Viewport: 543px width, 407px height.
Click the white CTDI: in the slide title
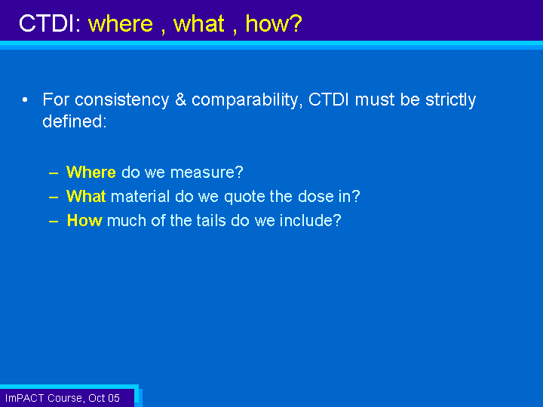click(x=50, y=23)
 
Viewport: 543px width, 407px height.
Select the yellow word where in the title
click(x=121, y=23)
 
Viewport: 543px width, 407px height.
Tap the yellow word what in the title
click(x=199, y=23)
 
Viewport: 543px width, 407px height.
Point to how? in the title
click(x=274, y=23)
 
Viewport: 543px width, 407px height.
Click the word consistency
click(x=121, y=99)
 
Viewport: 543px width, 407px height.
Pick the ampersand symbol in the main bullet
click(x=180, y=99)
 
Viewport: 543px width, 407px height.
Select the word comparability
click(x=247, y=100)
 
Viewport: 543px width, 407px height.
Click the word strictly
click(x=450, y=100)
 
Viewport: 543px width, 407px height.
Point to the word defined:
click(x=74, y=121)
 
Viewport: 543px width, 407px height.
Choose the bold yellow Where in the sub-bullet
click(x=91, y=172)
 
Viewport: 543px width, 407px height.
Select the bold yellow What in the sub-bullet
click(x=86, y=196)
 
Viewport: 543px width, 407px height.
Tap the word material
click(x=140, y=196)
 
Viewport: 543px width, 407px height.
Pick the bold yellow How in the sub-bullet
click(x=84, y=220)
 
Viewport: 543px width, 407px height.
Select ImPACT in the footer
click(x=25, y=398)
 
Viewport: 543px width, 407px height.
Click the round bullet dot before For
click(x=25, y=100)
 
